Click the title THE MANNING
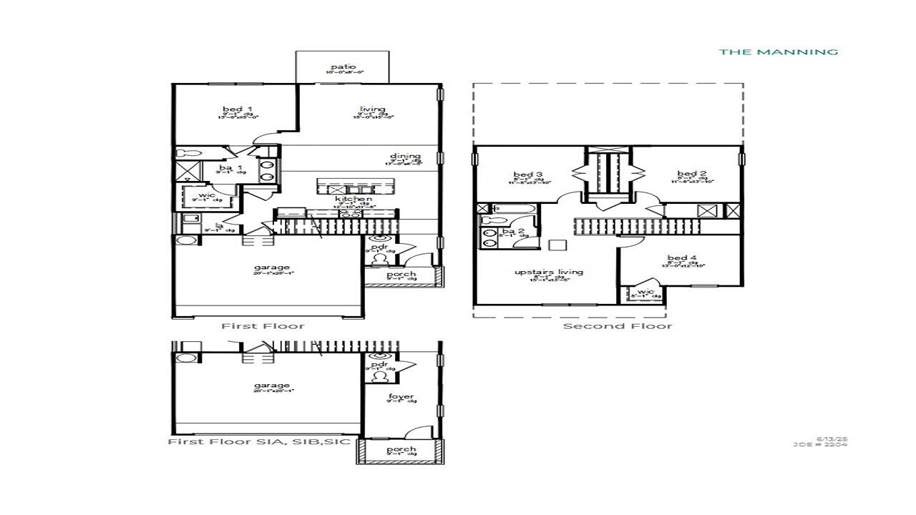click(x=779, y=51)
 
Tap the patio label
click(x=343, y=67)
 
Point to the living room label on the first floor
click(x=373, y=109)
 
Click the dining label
click(x=405, y=157)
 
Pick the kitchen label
click(x=354, y=199)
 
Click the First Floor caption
click(x=263, y=326)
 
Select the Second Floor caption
click(x=618, y=326)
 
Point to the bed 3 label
click(x=527, y=175)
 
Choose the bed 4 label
click(x=682, y=258)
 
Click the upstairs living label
click(x=549, y=272)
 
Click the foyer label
click(x=401, y=397)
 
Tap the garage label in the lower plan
click(x=272, y=386)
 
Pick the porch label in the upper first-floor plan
click(x=401, y=275)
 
